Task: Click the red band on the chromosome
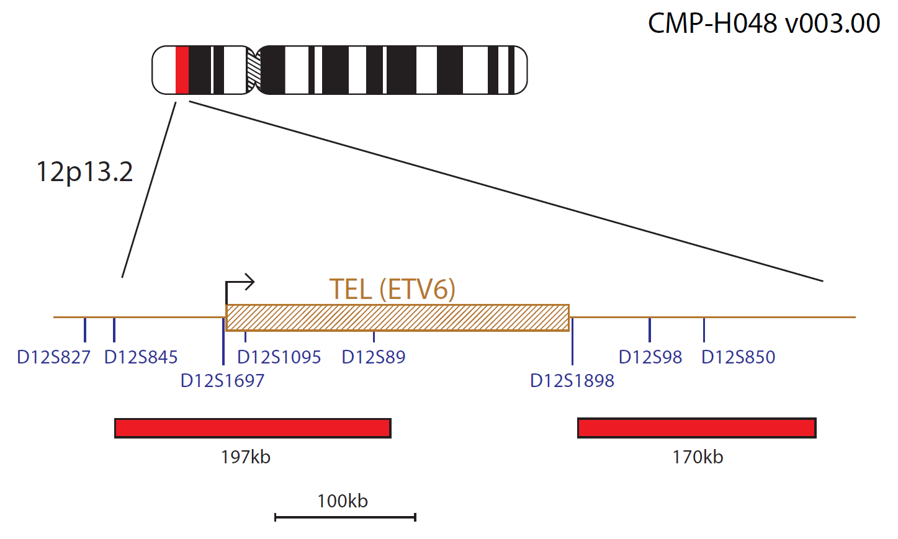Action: click(x=182, y=70)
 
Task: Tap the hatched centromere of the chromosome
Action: click(x=253, y=70)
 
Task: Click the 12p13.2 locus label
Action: click(x=84, y=172)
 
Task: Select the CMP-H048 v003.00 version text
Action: click(x=764, y=23)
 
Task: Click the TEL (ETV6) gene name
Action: click(x=392, y=289)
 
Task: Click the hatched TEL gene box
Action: click(x=397, y=318)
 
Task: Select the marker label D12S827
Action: click(x=54, y=357)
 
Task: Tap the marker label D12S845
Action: click(x=141, y=357)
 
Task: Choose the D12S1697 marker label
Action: click(x=223, y=381)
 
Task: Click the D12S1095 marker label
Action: click(x=279, y=357)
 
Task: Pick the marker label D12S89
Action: click(x=373, y=357)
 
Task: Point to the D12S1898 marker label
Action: click(x=572, y=381)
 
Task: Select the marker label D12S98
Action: click(x=650, y=357)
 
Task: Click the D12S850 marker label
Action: click(x=738, y=357)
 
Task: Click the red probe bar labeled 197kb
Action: click(x=253, y=428)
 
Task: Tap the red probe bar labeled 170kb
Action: click(x=697, y=428)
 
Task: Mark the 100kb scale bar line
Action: click(x=345, y=517)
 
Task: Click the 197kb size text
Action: click(x=246, y=457)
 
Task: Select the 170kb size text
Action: click(x=698, y=457)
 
